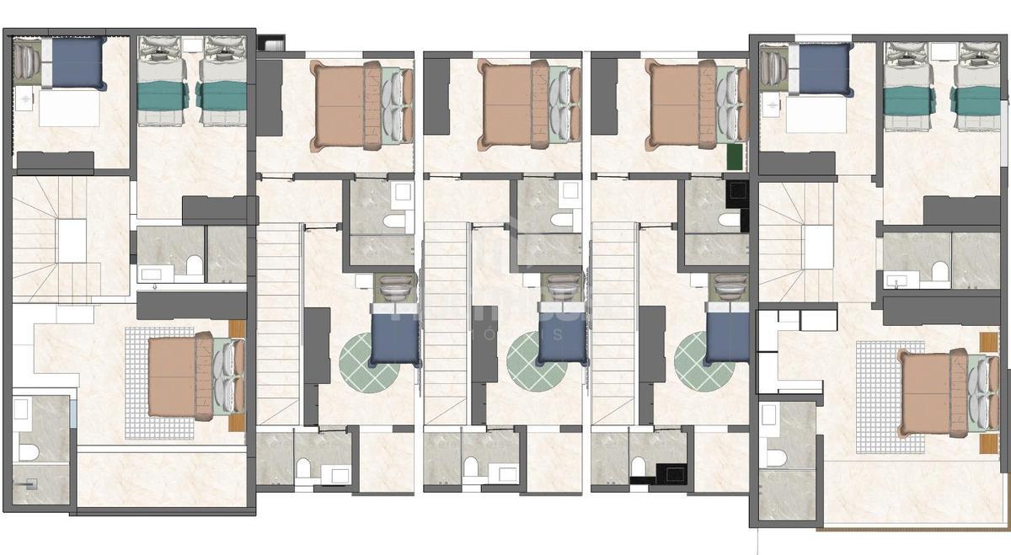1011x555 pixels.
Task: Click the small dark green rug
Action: point(736,157)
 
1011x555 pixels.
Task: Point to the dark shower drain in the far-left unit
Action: point(33,484)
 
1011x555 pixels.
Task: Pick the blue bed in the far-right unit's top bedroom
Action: point(824,68)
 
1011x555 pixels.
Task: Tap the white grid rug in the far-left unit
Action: point(147,383)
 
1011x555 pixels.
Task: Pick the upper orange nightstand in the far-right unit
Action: point(988,344)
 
